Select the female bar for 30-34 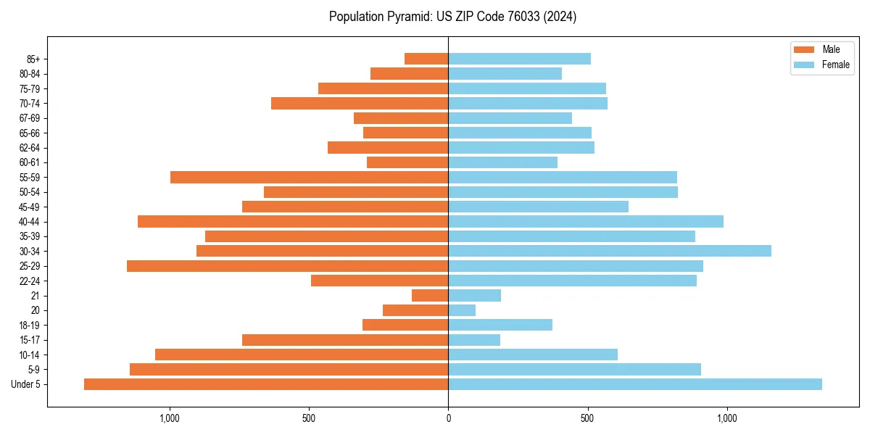609,251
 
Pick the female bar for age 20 462,310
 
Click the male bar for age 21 430,295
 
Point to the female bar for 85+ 519,59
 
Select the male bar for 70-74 360,103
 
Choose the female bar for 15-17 474,340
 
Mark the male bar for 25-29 287,266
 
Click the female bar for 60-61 502,162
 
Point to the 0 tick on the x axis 448,418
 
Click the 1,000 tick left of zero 170,418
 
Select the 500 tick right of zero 587,418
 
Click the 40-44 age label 30,222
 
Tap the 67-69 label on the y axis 30,118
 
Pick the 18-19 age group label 30,326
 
